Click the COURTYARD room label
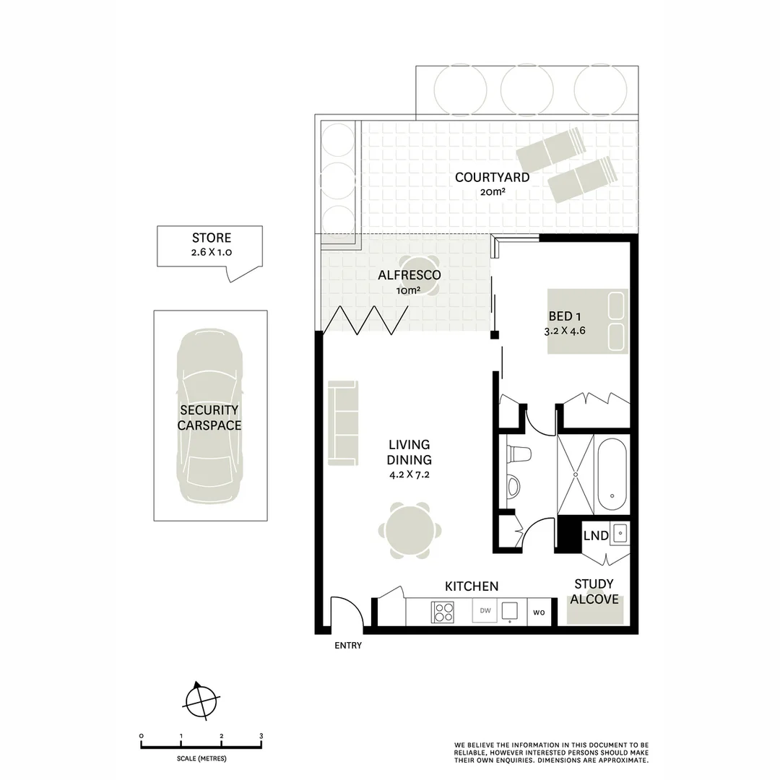492,177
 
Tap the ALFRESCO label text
409,275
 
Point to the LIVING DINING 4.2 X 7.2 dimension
409,474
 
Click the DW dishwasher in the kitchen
485,611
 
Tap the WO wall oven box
539,613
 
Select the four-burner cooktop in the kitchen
443,612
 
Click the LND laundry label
595,536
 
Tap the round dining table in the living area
409,532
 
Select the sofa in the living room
343,422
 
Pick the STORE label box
211,246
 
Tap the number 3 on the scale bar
261,736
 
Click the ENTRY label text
348,646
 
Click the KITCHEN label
471,586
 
